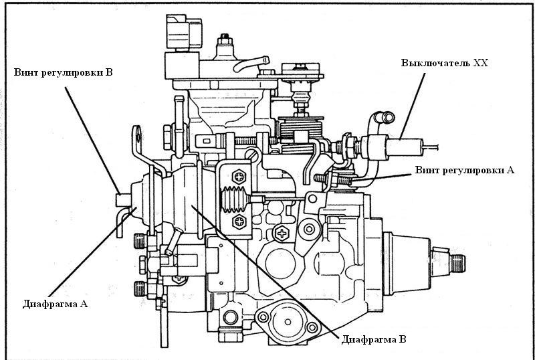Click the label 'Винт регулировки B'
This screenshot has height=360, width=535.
62,72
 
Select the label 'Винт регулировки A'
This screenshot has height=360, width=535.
465,170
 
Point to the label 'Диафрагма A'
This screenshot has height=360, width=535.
56,303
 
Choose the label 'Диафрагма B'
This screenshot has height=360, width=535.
373,339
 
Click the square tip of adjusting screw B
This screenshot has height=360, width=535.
120,199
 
